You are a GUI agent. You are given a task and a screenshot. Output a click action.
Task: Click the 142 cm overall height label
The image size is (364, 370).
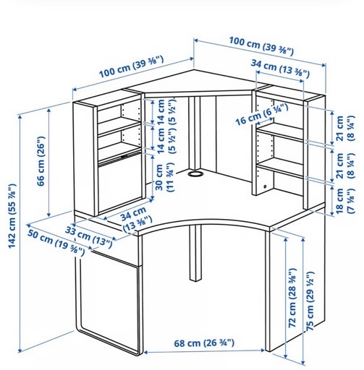pos(12,216)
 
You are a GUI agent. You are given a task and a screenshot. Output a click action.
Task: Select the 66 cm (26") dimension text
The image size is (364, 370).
pos(41,161)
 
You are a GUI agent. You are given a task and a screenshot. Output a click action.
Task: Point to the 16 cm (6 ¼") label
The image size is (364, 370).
pos(262,114)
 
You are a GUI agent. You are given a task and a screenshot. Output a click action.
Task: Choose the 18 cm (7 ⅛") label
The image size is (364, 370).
pos(344,201)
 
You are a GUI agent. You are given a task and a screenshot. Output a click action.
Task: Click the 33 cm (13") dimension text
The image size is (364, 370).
pos(89,237)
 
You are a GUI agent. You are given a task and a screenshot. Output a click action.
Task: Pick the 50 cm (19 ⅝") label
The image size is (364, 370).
pos(56,243)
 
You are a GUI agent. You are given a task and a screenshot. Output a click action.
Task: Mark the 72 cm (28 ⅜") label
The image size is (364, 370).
pos(292,298)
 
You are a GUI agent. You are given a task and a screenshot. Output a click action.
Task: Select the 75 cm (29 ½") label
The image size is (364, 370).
pos(310,301)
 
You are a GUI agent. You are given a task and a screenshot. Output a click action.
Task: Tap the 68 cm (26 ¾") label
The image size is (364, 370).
pos(204,343)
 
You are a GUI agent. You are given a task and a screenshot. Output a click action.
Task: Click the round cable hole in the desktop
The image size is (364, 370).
pos(195,173)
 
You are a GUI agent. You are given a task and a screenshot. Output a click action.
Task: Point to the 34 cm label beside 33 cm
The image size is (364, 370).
pos(137,219)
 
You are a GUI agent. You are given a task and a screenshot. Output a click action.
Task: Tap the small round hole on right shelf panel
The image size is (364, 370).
pos(266,186)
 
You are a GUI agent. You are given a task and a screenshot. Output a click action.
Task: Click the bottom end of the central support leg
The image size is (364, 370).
pos(195,280)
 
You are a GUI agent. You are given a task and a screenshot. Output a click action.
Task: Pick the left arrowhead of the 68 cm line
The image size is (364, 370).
pos(145,352)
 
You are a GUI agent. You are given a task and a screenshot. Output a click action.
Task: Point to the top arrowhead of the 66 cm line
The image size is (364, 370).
pos(49,111)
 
